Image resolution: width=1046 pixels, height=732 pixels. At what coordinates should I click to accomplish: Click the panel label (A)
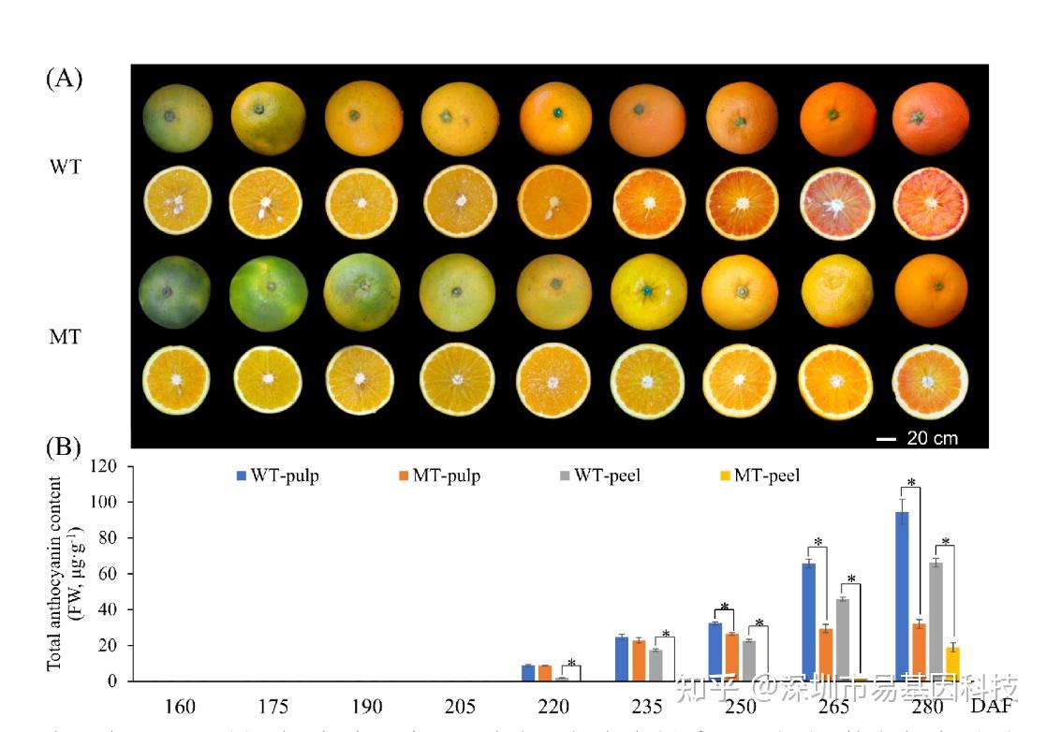coord(64,78)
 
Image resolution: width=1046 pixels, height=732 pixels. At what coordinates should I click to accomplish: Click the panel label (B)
coord(64,447)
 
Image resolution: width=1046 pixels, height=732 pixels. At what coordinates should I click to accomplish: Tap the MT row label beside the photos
coord(65,336)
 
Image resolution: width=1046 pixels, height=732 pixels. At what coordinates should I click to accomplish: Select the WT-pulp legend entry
coord(278,476)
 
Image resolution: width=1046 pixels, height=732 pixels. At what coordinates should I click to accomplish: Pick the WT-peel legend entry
coord(600,476)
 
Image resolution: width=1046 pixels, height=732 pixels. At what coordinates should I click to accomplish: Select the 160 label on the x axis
coord(181,705)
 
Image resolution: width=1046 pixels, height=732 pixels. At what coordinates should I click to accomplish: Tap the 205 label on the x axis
coord(461,705)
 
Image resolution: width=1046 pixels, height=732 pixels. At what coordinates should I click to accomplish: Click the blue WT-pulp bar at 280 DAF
coord(903,596)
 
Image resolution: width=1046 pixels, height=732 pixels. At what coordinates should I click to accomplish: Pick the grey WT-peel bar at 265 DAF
coord(843,640)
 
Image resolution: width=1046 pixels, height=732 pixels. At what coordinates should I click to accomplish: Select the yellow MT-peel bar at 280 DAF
coord(952,664)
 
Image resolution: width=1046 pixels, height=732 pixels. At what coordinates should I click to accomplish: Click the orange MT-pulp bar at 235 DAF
coord(638,661)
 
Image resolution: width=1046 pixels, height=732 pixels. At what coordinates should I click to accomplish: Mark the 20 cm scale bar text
coord(931,437)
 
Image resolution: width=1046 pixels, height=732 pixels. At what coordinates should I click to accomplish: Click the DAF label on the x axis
coord(991,705)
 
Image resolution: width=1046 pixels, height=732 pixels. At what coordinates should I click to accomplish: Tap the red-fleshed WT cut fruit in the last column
coord(931,203)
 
